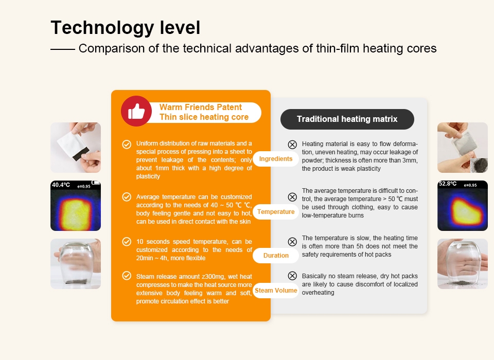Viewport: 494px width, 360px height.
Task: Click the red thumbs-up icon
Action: pos(136,111)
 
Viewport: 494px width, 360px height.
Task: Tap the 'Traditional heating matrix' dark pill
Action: pos(347,119)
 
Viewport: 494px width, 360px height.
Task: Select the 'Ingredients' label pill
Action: pos(276,159)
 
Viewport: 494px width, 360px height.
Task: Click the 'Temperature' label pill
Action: pos(276,212)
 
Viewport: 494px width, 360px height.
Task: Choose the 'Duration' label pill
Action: pos(276,256)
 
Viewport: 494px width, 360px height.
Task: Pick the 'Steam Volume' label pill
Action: pos(276,291)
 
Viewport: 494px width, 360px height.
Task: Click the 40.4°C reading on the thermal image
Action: pos(61,185)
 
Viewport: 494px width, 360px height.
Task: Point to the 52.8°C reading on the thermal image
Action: pos(447,184)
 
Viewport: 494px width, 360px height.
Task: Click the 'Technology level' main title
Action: pos(126,27)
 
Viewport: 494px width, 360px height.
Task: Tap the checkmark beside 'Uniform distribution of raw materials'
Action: pos(126,145)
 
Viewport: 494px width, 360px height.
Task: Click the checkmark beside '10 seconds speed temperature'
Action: pos(126,242)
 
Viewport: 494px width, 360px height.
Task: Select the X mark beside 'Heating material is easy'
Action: pos(292,145)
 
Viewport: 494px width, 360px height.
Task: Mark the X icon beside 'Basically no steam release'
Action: pos(292,276)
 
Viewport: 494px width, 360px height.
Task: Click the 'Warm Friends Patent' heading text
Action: pos(201,107)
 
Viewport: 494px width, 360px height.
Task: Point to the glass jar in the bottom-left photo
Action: pos(75,265)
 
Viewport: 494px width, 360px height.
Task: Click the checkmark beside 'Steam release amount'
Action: pos(126,276)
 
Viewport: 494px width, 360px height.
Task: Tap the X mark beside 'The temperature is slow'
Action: pos(292,242)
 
